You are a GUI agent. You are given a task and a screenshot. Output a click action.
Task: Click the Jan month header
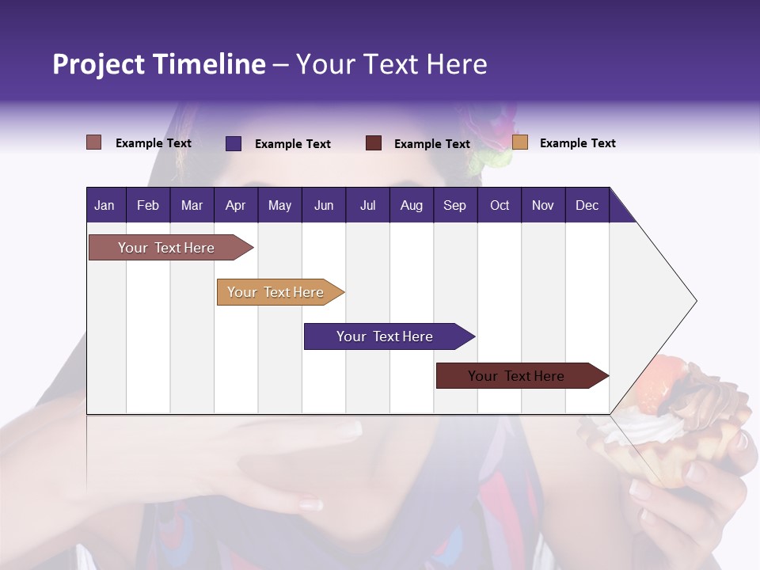104,205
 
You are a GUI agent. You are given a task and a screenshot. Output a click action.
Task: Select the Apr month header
235,205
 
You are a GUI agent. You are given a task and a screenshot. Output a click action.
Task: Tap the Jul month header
367,205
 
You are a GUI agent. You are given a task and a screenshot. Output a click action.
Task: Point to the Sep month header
454,205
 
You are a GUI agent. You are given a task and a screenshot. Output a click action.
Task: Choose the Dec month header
587,205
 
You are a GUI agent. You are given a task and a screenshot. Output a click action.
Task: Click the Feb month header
148,205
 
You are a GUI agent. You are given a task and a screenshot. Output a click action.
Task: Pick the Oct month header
500,205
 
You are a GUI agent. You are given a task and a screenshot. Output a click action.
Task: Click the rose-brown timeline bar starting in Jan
166,248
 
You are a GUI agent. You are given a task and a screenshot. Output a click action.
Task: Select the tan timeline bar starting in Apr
275,292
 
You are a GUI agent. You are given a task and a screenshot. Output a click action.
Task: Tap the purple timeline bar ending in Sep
385,336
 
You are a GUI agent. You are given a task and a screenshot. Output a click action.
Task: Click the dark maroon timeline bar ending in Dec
516,376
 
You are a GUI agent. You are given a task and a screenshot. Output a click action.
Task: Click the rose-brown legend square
94,142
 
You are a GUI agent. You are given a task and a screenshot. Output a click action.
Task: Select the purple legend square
234,143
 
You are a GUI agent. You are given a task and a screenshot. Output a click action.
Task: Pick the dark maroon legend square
374,143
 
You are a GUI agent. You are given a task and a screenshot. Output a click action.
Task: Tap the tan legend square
520,142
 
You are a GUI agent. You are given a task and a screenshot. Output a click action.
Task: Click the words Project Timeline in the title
159,64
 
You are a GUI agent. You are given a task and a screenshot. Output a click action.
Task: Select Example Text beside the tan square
577,143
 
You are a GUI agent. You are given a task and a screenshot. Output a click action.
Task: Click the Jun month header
324,205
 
